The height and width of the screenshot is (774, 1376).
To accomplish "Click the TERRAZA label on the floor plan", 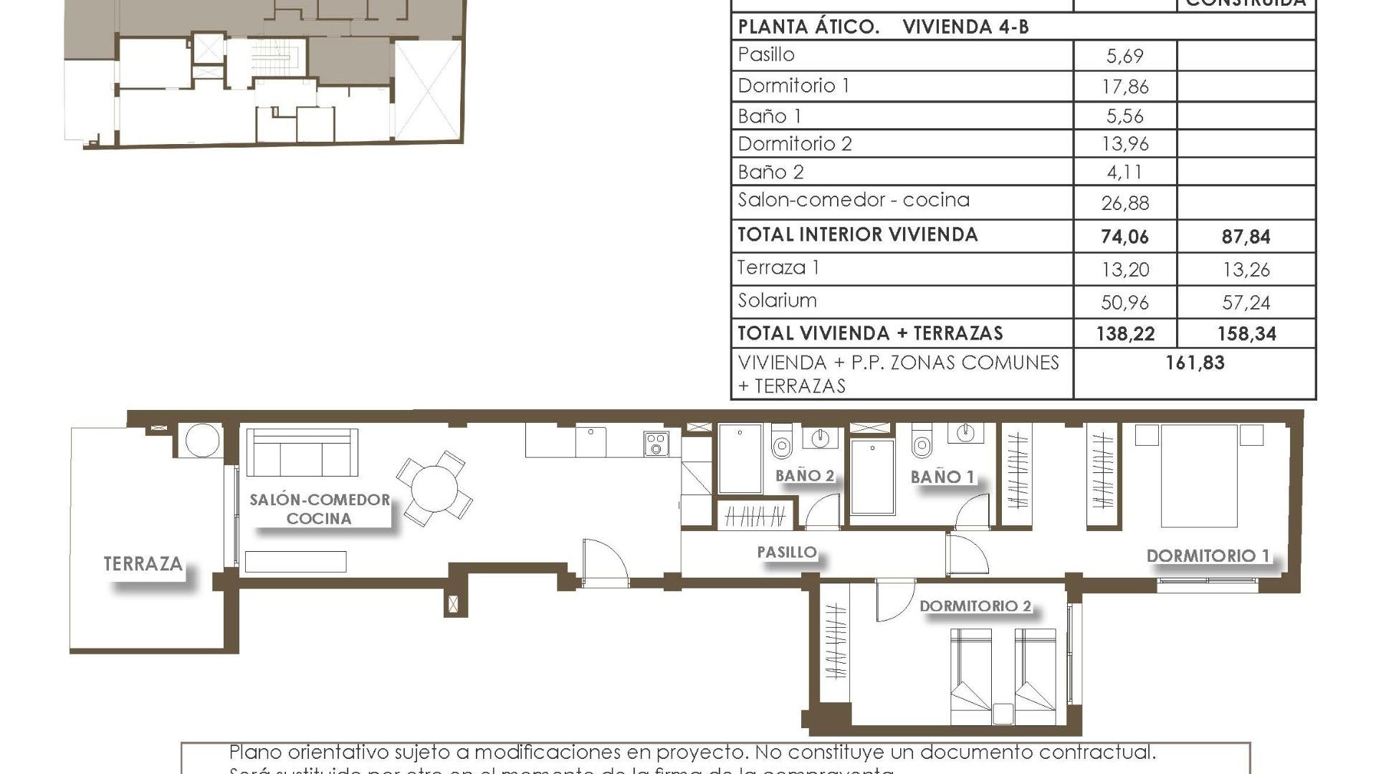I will (x=143, y=564).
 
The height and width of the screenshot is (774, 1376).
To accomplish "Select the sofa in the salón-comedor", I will (x=302, y=454).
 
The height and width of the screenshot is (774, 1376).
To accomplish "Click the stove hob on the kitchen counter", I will (x=656, y=444).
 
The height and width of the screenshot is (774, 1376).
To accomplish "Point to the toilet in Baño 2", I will (x=781, y=442).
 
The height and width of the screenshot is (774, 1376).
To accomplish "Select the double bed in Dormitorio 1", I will (x=1199, y=476).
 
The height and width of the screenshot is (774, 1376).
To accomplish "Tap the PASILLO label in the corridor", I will (x=787, y=552).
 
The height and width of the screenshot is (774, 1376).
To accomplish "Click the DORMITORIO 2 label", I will (x=975, y=606).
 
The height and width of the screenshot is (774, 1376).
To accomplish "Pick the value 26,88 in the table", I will (x=1124, y=204).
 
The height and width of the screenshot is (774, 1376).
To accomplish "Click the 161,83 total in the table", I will (x=1195, y=363).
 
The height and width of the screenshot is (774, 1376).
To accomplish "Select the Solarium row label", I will (x=778, y=300).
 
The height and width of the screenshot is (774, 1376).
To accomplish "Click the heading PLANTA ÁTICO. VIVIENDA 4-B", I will (x=883, y=27).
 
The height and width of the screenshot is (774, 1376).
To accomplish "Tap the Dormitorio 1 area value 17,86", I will (x=1124, y=87).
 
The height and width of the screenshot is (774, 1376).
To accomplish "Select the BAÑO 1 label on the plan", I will (x=942, y=477).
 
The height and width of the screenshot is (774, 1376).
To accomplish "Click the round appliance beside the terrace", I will (x=201, y=440).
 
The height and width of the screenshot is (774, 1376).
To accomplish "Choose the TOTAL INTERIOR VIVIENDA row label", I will (x=857, y=235).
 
